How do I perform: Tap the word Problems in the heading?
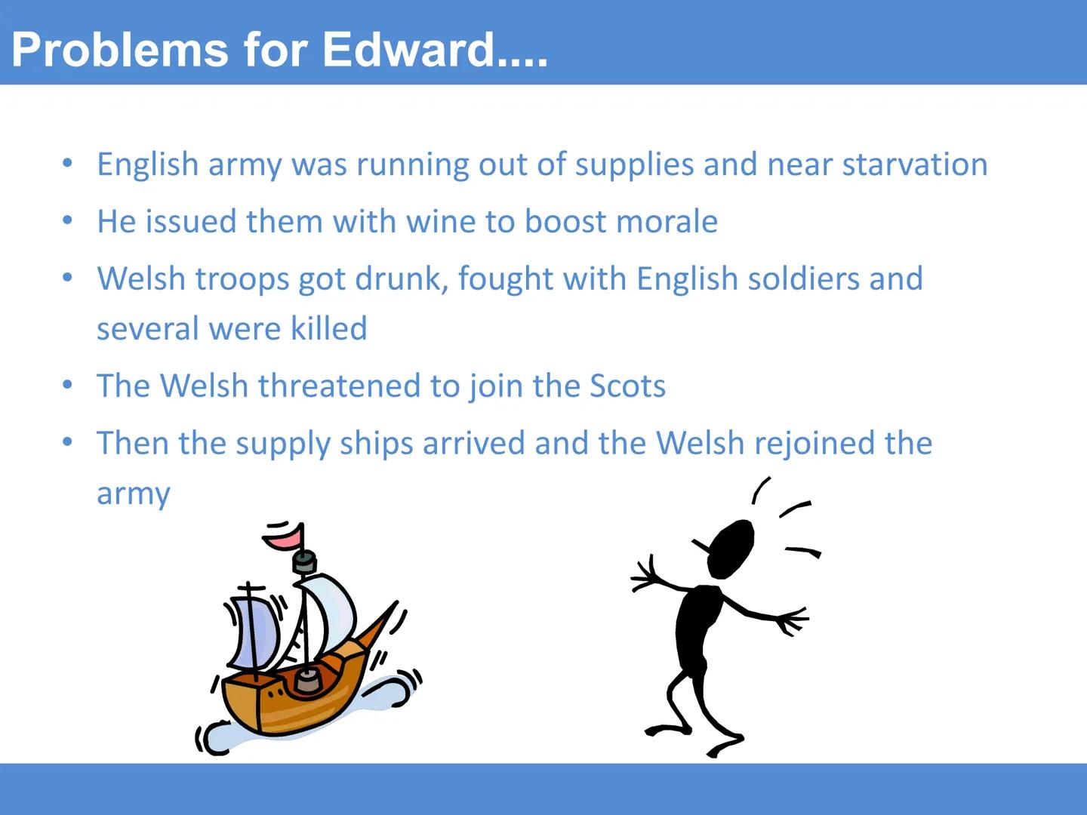120,50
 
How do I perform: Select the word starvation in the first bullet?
915,165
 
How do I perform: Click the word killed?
329,328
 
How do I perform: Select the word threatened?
339,386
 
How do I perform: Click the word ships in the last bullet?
376,444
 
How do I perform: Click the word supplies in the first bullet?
634,165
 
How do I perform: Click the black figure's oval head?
731,549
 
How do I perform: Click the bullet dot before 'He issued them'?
68,220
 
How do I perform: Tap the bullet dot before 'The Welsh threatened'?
68,385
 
